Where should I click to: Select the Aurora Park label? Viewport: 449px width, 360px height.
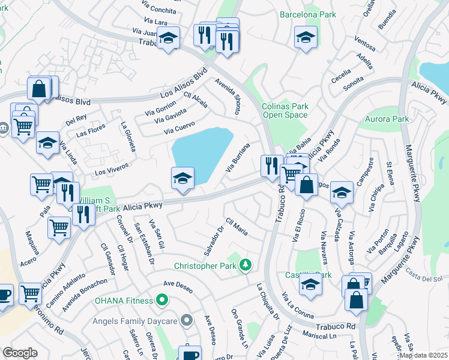pyautogui.click(x=387, y=119)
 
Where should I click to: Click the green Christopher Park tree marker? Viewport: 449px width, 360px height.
pyautogui.click(x=245, y=265)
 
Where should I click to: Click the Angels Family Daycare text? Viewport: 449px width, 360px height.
pyautogui.click(x=134, y=321)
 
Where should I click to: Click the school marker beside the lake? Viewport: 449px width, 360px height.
pyautogui.click(x=182, y=178)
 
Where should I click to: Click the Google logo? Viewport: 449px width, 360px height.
pyautogui.click(x=20, y=352)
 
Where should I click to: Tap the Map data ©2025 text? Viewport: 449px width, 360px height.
pyautogui.click(x=423, y=355)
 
